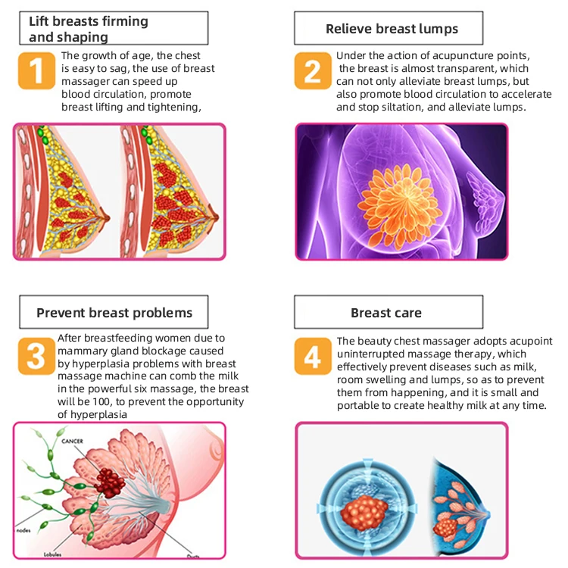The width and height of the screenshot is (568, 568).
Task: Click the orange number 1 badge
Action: pyautogui.click(x=36, y=70)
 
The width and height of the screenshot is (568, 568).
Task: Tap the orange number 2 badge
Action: pyautogui.click(x=313, y=70)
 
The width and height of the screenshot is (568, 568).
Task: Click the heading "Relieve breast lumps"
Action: pyautogui.click(x=392, y=30)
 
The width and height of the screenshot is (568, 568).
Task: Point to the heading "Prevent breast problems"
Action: pyautogui.click(x=114, y=312)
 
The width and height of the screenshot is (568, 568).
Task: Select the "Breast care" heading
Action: pyautogui.click(x=386, y=312)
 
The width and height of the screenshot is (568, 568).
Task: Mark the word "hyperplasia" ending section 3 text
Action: pyautogui.click(x=92, y=414)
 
